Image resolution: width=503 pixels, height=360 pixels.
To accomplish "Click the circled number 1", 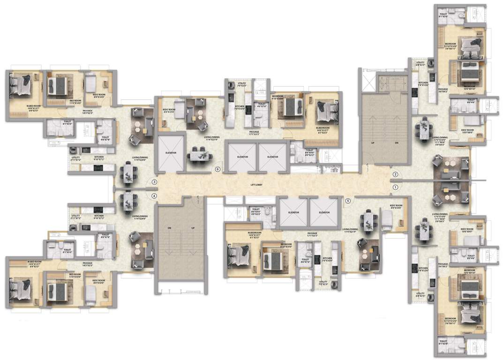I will click(x=395, y=187).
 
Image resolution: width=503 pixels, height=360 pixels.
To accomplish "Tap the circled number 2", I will click(x=395, y=175).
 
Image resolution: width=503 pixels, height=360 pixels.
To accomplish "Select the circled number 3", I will click(x=154, y=182).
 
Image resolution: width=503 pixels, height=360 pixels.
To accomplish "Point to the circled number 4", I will click(x=154, y=195).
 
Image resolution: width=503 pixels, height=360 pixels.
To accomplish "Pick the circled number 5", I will click(x=347, y=201).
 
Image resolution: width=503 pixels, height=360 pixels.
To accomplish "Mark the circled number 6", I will click(x=217, y=169).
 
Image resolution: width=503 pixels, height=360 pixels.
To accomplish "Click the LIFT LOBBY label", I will click(x=256, y=186).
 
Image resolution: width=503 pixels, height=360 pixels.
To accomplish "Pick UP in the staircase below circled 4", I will click(x=192, y=228).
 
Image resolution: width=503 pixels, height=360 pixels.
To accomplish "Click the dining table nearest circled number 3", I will click(x=127, y=173).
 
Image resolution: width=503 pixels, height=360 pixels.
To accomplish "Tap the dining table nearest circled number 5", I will click(x=368, y=221).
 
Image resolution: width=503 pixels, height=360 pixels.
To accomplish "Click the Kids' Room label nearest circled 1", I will click(x=396, y=207).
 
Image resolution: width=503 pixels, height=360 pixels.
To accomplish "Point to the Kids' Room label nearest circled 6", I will click(x=168, y=112).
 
